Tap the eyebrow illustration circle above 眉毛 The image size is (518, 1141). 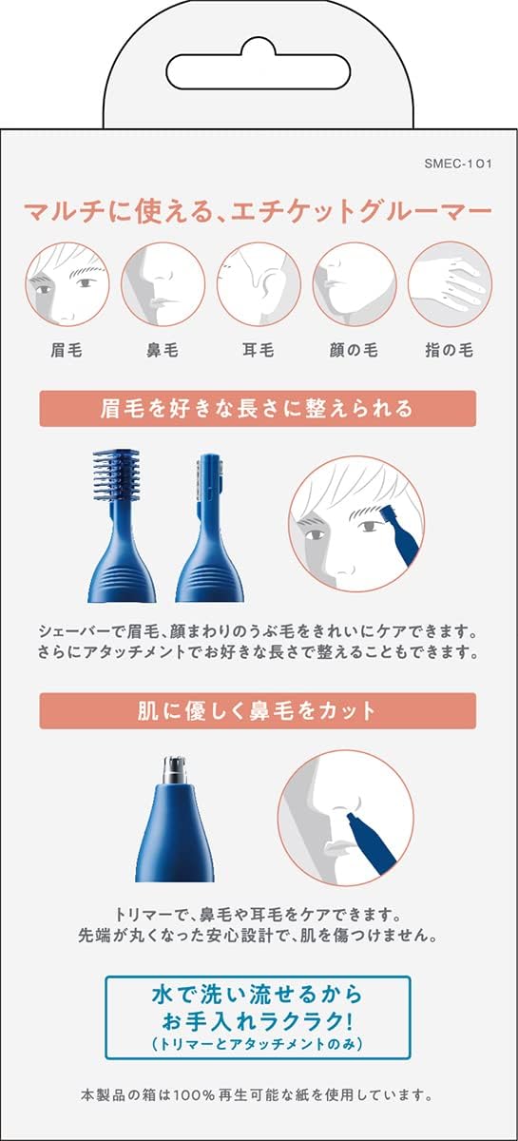click(x=67, y=283)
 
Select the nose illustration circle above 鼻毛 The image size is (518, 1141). click(x=163, y=283)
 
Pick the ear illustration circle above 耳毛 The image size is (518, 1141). click(x=259, y=283)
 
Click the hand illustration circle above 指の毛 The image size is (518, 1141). click(x=451, y=283)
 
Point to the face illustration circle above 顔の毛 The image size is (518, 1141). click(x=355, y=283)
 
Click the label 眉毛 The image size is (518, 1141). click(x=67, y=350)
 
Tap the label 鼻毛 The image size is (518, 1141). click(x=163, y=350)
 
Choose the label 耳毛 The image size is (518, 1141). click(x=259, y=350)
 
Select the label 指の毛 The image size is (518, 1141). click(x=450, y=350)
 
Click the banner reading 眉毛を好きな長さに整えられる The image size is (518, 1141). click(x=258, y=408)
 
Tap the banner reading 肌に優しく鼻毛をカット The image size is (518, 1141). click(x=258, y=710)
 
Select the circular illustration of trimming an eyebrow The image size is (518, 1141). click(x=357, y=524)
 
